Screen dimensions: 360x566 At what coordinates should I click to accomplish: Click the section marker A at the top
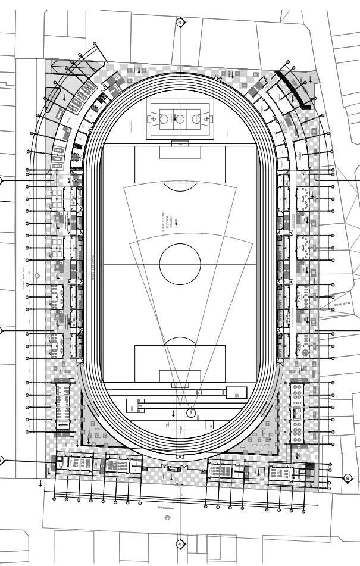[x=180, y=22]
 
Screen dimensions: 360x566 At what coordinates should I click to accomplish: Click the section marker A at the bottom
[x=180, y=543]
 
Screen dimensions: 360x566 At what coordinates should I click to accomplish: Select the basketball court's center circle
[x=180, y=118]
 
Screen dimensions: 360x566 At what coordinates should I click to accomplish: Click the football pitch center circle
[x=180, y=264]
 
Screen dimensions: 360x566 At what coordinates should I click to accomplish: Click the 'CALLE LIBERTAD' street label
[x=23, y=278]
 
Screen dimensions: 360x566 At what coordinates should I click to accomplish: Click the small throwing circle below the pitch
[x=191, y=412]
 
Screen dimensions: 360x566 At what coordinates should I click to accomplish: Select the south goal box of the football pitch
[x=180, y=376]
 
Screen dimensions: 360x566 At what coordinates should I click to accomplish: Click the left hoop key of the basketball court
[x=156, y=118]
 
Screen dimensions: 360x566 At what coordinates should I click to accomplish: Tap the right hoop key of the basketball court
[x=204, y=118]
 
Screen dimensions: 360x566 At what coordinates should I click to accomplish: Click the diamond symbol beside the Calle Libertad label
[x=37, y=276]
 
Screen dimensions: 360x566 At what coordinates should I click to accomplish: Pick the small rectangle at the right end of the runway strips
[x=236, y=392]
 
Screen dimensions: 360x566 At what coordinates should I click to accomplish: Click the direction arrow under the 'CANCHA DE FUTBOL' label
[x=176, y=221]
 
